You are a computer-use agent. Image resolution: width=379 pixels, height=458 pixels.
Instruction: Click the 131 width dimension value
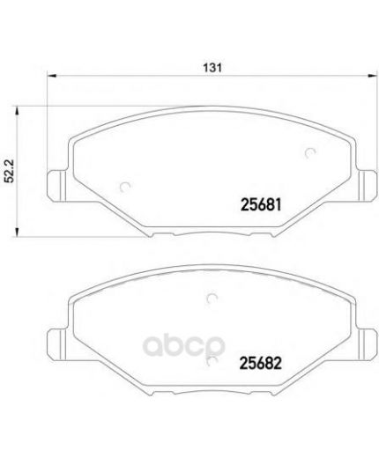click(x=212, y=68)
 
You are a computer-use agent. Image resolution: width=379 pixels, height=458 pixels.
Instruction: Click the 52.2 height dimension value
click(x=10, y=171)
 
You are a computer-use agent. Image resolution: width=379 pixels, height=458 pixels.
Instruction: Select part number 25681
click(x=261, y=204)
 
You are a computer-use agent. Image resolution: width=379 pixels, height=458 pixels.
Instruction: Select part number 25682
click(x=261, y=363)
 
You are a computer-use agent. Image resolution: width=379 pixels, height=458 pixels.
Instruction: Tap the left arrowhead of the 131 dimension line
click(x=51, y=76)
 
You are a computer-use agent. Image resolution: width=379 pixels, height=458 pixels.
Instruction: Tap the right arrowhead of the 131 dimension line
click(x=372, y=76)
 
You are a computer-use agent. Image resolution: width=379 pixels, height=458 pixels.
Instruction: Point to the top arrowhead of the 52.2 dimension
click(x=17, y=110)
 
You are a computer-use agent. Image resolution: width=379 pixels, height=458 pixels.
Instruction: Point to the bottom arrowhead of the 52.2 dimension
click(x=17, y=232)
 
